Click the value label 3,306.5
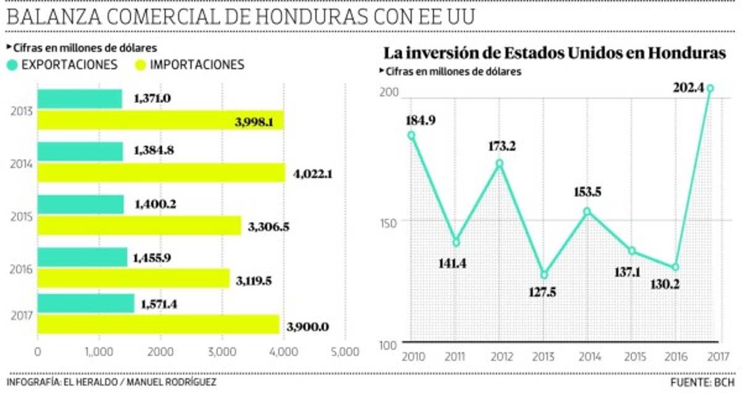(x=268, y=227)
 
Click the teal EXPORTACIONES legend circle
(x=12, y=65)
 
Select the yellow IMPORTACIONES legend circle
(x=141, y=65)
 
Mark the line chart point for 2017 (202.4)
(x=710, y=88)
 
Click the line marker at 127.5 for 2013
(x=544, y=274)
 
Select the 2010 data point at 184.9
(x=411, y=135)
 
